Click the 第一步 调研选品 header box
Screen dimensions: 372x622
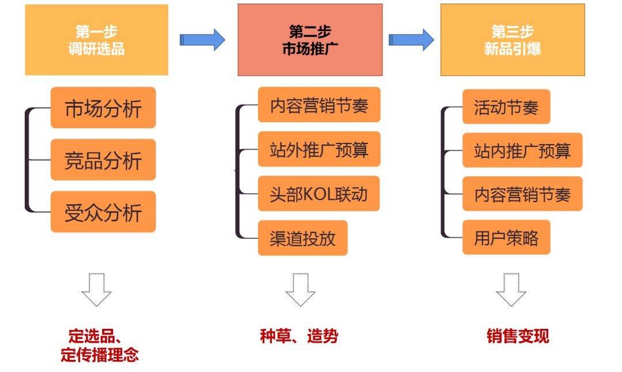tap(96, 40)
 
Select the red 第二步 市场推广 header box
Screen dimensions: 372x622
tap(310, 40)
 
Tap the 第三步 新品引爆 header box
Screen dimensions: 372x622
tap(513, 40)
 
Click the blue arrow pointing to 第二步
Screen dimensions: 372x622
tap(202, 39)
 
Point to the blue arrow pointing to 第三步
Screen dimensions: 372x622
tap(411, 39)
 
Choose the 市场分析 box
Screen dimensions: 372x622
tap(103, 108)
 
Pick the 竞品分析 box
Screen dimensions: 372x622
tap(103, 160)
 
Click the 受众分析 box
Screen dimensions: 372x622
tap(103, 212)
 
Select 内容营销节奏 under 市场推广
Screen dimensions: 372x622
tap(318, 105)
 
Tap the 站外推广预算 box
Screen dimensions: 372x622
tap(318, 150)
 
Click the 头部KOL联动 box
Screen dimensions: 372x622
tap(318, 193)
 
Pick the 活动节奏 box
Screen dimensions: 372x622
tap(506, 107)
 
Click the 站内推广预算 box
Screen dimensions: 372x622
tap(522, 150)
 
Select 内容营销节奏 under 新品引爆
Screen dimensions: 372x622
tap(522, 194)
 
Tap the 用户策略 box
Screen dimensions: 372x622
tap(506, 237)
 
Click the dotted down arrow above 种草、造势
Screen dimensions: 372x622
tap(300, 290)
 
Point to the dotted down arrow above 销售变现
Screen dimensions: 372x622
tap(511, 290)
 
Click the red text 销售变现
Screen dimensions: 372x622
tap(518, 336)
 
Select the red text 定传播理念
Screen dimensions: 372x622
tap(100, 354)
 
